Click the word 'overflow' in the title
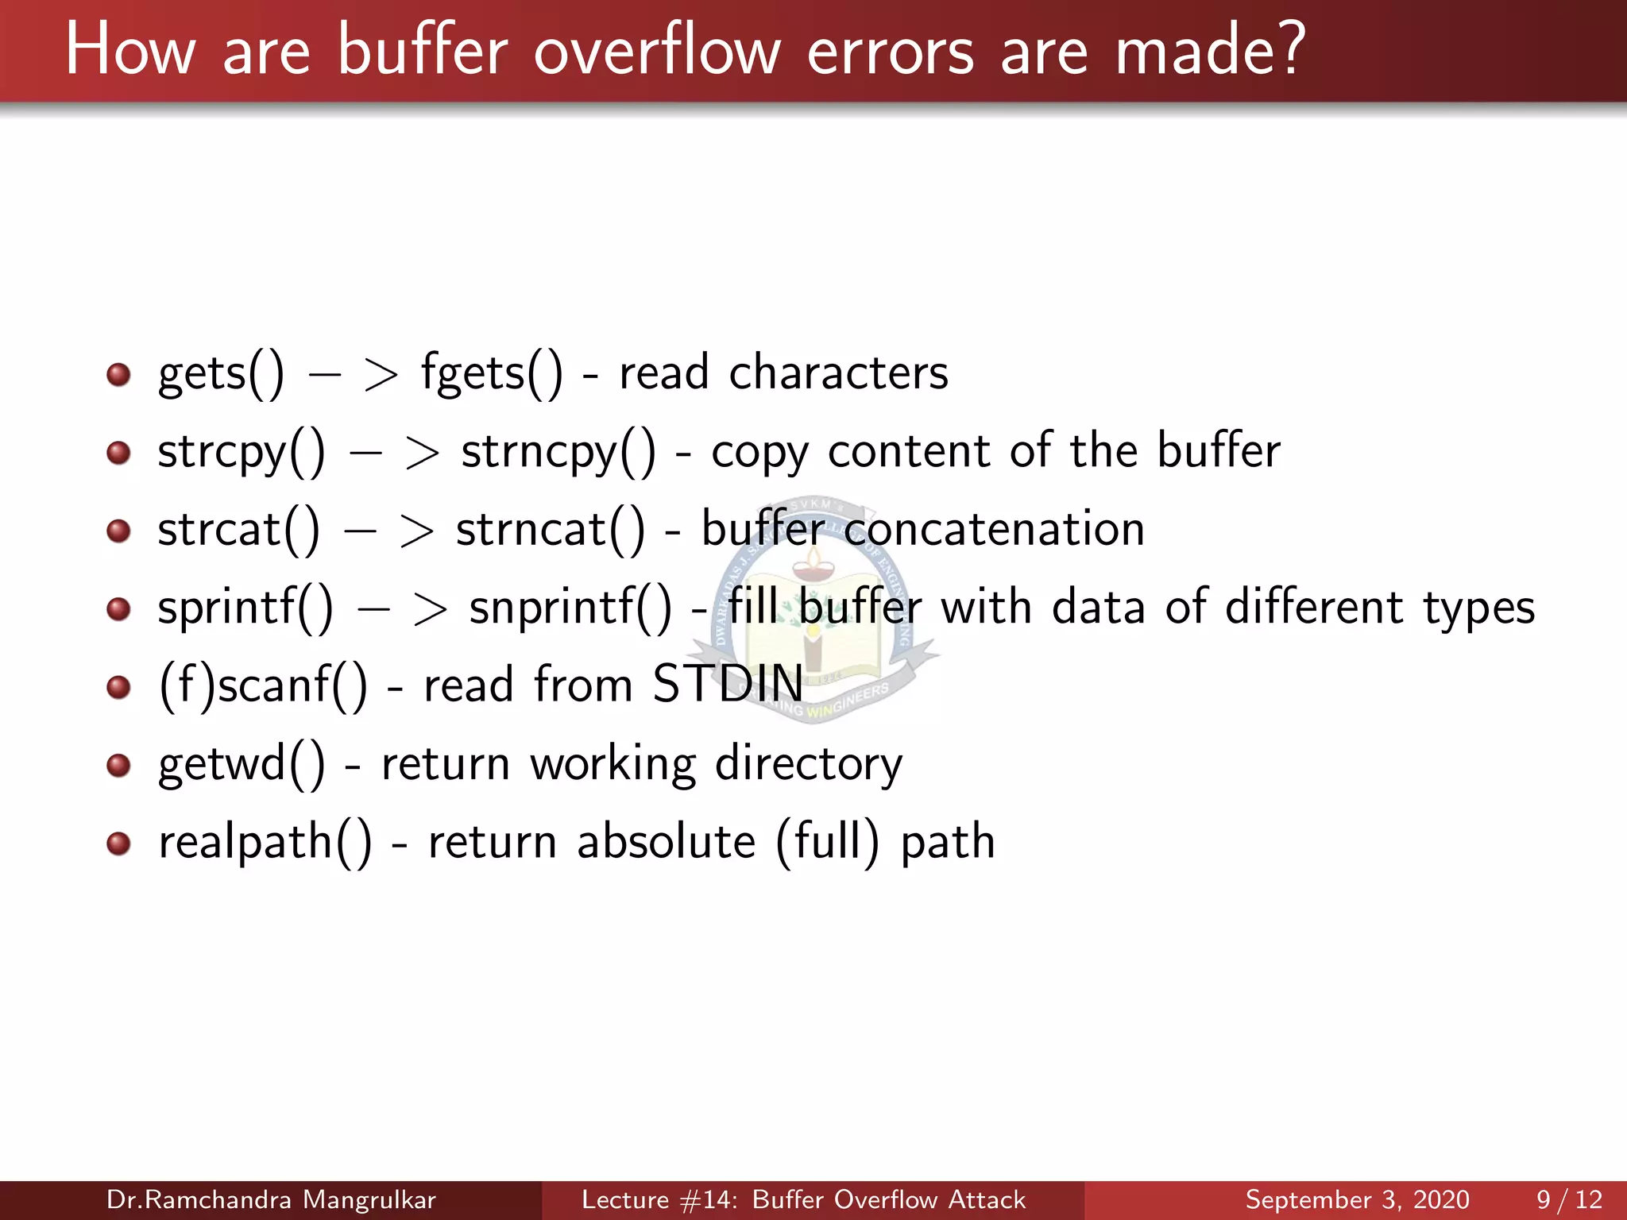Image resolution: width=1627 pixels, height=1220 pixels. (657, 51)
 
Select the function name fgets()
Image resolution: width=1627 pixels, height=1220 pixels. (491, 373)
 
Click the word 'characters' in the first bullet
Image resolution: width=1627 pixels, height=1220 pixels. (838, 373)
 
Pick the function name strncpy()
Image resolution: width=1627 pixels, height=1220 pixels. (558, 451)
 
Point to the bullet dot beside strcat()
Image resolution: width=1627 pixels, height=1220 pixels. (118, 530)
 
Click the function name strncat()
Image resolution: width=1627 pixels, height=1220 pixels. (551, 530)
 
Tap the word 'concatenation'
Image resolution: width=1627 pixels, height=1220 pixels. (994, 530)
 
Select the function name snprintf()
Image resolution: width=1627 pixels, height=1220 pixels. (570, 608)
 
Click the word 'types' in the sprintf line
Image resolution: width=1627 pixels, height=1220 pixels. (1478, 608)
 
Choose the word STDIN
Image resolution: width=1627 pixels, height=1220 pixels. (728, 684)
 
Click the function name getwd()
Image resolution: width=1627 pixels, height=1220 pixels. (242, 763)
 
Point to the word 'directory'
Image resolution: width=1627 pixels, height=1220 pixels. (809, 763)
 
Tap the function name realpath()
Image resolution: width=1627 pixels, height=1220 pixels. (265, 842)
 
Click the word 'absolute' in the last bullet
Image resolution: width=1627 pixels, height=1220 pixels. (666, 842)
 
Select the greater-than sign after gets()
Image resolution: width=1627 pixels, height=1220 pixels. (381, 375)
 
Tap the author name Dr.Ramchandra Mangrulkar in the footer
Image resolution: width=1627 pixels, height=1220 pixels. (271, 1199)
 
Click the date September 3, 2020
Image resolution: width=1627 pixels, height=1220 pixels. (1357, 1199)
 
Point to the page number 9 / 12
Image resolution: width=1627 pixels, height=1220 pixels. (1569, 1199)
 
